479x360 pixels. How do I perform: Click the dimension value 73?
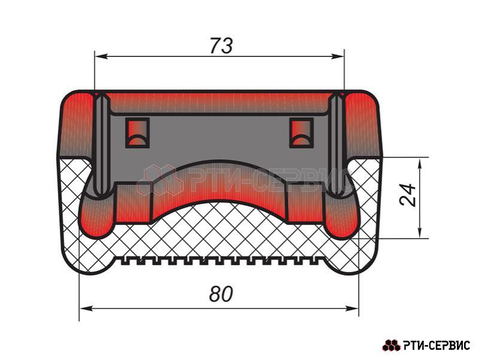222,46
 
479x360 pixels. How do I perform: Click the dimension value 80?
221,294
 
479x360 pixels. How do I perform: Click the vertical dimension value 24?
408,195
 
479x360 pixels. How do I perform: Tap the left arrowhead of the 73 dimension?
101,56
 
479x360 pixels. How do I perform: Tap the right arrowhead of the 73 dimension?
338,56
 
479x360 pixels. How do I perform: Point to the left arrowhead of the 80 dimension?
86,308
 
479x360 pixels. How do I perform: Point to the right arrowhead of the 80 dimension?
352,308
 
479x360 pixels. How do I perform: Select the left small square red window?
138,132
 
